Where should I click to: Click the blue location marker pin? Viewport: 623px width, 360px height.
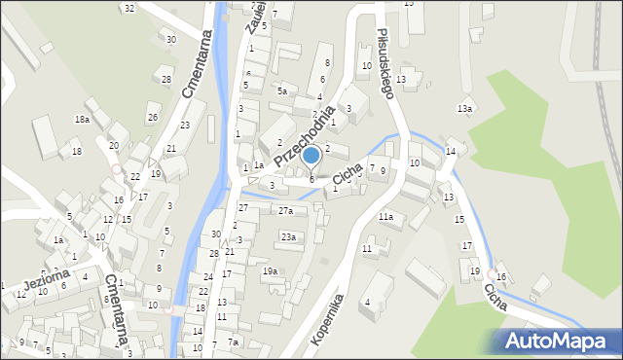click(x=311, y=156)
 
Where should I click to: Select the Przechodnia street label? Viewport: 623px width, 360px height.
click(x=304, y=135)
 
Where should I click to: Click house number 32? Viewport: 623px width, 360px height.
click(x=128, y=8)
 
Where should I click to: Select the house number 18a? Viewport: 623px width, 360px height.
click(x=82, y=119)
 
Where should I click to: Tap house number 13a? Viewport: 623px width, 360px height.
click(x=465, y=108)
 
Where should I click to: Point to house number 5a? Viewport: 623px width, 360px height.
click(x=282, y=90)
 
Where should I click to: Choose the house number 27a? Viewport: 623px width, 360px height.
click(x=285, y=210)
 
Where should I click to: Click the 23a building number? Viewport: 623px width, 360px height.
click(x=288, y=236)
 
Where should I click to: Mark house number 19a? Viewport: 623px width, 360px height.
click(x=270, y=270)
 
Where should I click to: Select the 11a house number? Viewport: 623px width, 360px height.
click(x=386, y=216)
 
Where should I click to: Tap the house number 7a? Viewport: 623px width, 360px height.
click(x=234, y=342)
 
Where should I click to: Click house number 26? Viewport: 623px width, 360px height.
click(x=152, y=118)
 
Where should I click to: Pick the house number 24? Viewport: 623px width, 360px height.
click(x=206, y=277)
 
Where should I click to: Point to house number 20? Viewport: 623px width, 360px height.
click(x=114, y=145)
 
